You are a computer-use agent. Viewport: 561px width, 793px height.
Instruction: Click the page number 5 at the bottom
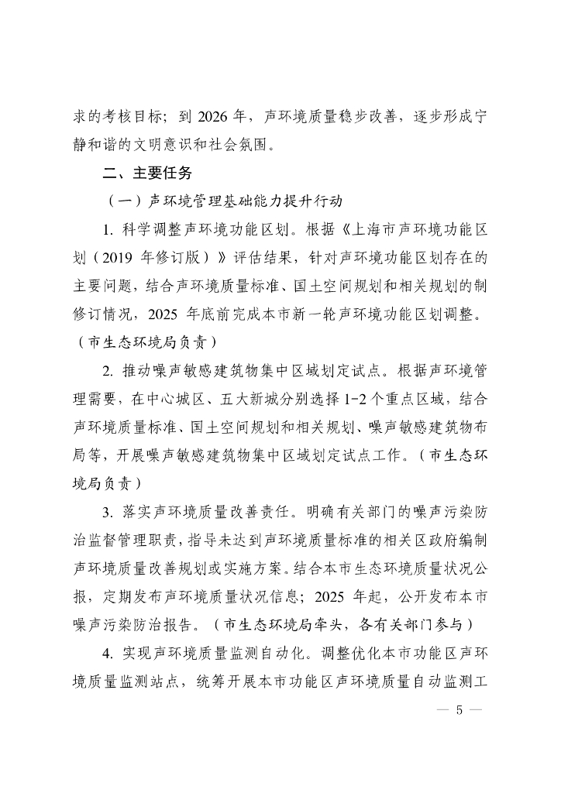[459, 710]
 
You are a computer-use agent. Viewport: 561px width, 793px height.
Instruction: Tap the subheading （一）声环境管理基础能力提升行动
[225, 200]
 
